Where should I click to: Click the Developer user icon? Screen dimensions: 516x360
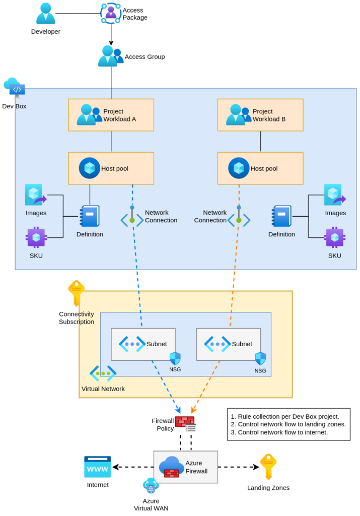45,14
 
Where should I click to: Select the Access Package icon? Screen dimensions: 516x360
111,13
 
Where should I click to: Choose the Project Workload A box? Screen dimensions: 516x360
111,115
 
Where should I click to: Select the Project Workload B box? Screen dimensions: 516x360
260,115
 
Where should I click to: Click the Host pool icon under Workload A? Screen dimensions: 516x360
89,168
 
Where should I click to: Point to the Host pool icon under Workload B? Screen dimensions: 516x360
238,168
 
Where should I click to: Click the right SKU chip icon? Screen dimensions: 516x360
334,237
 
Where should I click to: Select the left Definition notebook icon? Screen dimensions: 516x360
90,217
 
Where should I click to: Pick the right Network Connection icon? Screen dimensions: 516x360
239,217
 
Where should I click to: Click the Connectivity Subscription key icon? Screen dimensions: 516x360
76,293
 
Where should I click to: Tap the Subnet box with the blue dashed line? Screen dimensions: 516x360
143,344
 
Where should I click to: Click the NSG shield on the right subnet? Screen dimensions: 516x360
260,359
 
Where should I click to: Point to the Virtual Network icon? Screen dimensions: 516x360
103,373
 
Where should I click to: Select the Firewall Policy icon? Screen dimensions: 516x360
185,424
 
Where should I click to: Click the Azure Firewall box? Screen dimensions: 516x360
185,467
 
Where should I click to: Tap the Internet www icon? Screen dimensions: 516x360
97,467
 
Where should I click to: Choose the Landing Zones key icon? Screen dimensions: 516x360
268,467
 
